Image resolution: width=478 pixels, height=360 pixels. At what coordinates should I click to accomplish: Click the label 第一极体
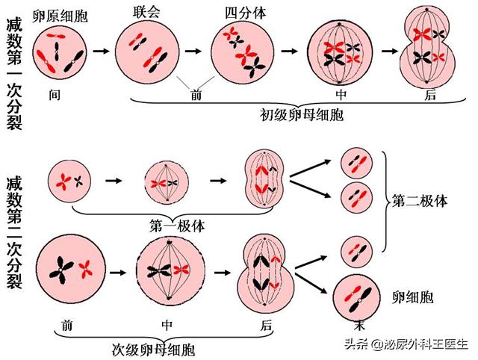(x=177, y=224)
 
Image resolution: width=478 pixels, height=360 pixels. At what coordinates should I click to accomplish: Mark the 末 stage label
(x=358, y=326)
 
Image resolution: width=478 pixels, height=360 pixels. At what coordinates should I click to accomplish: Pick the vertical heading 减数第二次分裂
(x=13, y=232)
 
